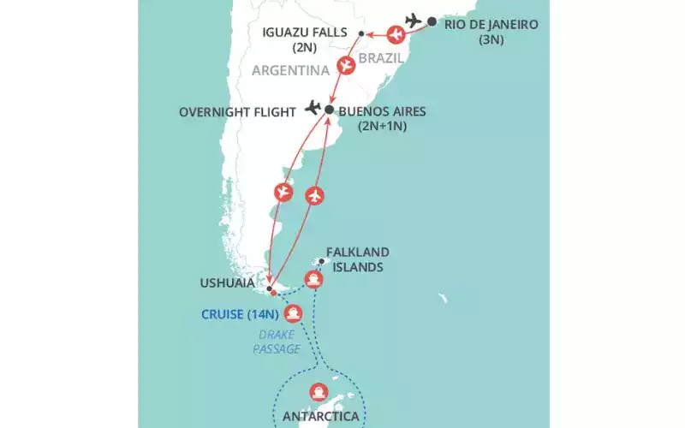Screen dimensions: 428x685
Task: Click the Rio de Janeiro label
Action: click(491, 24)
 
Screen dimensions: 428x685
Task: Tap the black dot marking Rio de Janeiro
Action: click(432, 21)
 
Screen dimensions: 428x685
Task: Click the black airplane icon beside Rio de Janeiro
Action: click(414, 21)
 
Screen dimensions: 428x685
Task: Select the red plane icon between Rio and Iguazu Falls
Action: click(396, 35)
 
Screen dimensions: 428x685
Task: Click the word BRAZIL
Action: click(378, 59)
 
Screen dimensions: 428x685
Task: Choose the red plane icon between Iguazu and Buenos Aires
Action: click(346, 65)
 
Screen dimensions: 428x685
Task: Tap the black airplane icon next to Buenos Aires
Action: click(313, 109)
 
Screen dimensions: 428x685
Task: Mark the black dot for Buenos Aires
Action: click(329, 110)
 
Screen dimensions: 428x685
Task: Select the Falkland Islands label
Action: click(358, 259)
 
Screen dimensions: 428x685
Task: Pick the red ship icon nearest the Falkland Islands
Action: click(312, 279)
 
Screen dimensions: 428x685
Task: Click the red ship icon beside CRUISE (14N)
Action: click(294, 312)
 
